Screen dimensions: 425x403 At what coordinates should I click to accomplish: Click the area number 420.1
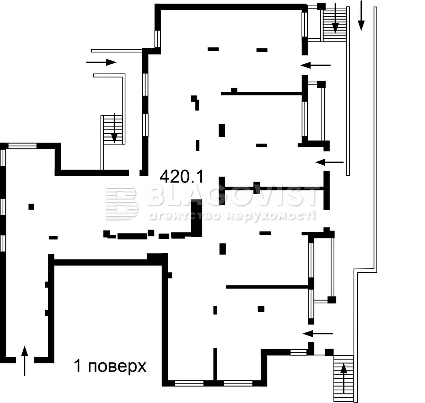point(181,176)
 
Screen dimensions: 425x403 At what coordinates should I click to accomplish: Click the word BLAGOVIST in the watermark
point(232,196)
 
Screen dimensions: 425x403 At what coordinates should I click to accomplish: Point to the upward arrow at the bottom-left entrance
point(25,360)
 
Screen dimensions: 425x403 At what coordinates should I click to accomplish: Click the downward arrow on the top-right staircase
point(335,18)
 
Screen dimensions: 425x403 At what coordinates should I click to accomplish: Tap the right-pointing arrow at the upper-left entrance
point(101,62)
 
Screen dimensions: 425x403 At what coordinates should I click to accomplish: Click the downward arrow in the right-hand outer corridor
point(361,15)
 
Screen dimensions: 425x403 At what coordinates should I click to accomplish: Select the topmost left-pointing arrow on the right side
point(315,65)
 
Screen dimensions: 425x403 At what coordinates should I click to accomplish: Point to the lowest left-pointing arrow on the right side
point(317,333)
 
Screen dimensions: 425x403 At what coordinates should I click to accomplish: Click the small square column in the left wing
point(31,207)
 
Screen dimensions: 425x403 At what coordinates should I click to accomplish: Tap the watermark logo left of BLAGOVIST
point(121,203)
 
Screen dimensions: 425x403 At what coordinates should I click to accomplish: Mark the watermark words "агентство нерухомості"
point(232,216)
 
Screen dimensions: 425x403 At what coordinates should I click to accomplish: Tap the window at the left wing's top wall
point(22,146)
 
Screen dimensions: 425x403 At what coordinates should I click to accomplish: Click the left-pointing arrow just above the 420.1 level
point(330,162)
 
